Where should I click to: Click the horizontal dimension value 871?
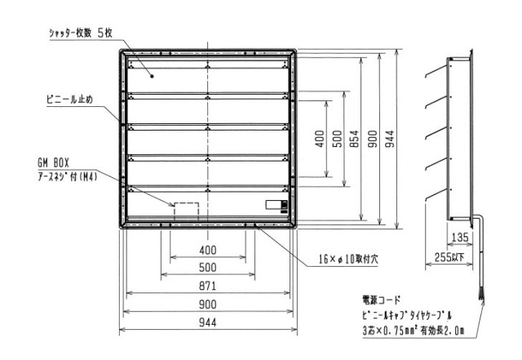pyautogui.click(x=207, y=286)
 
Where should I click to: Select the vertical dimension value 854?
pyautogui.click(x=355, y=139)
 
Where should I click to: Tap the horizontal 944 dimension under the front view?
pyautogui.click(x=207, y=322)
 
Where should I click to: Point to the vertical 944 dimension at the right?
pyautogui.click(x=390, y=139)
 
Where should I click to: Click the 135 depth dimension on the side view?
pyautogui.click(x=460, y=238)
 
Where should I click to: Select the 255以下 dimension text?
pyautogui.click(x=449, y=257)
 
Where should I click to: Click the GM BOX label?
pyautogui.click(x=53, y=163)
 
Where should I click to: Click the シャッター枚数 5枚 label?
pyautogui.click(x=81, y=33)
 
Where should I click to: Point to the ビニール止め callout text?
pyautogui.click(x=69, y=100)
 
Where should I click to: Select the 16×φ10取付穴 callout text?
pyautogui.click(x=348, y=259)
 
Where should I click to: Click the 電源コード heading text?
pyautogui.click(x=381, y=300)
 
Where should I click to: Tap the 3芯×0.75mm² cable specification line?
pyautogui.click(x=414, y=331)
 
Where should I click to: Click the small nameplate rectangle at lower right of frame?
pyautogui.click(x=276, y=205)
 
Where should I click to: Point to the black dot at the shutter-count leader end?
pyautogui.click(x=153, y=77)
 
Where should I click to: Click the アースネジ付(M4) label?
pyautogui.click(x=68, y=176)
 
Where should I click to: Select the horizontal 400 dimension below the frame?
pyautogui.click(x=207, y=250)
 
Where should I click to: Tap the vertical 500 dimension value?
pyautogui.click(x=337, y=139)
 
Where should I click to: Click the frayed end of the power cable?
pyautogui.click(x=481, y=295)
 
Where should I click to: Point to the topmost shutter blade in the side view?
pyautogui.click(x=436, y=71)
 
